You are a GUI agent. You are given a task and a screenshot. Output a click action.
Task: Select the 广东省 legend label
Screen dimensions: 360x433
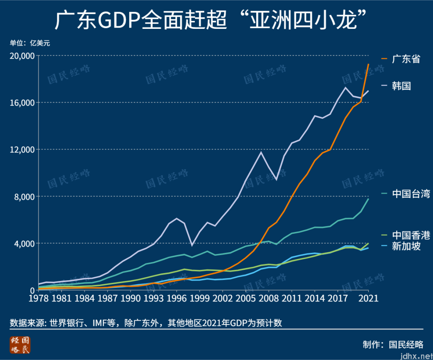[x=406, y=59]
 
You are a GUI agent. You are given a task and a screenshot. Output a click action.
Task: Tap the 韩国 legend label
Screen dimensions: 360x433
[x=401, y=86]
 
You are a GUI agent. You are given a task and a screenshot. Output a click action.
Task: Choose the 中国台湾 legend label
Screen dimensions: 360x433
[x=411, y=194]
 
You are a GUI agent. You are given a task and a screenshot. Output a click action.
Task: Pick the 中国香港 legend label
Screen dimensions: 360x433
[x=411, y=235]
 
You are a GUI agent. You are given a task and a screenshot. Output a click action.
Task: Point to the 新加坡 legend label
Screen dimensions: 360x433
[x=406, y=246]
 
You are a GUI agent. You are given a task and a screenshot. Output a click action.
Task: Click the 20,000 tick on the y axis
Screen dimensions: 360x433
[x=22, y=56]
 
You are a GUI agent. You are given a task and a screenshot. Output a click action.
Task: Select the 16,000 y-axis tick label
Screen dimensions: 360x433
[x=22, y=103]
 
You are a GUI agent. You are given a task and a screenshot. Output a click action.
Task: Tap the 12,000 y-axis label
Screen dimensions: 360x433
[x=22, y=150]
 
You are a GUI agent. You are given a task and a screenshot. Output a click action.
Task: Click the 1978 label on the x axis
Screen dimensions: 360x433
[x=38, y=299]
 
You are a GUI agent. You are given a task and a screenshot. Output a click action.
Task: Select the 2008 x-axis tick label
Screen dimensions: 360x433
[x=269, y=299]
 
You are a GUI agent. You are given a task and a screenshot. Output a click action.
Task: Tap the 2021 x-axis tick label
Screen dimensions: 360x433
[x=368, y=299]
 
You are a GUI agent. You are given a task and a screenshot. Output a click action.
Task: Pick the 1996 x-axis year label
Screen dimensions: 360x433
[x=176, y=299]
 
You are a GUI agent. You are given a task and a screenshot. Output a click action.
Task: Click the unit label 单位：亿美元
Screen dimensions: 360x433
[x=30, y=43]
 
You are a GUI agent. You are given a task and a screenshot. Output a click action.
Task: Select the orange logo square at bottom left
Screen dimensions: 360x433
[x=20, y=345]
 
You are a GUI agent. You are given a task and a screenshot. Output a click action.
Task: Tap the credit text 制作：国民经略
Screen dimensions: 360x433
[x=393, y=344]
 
